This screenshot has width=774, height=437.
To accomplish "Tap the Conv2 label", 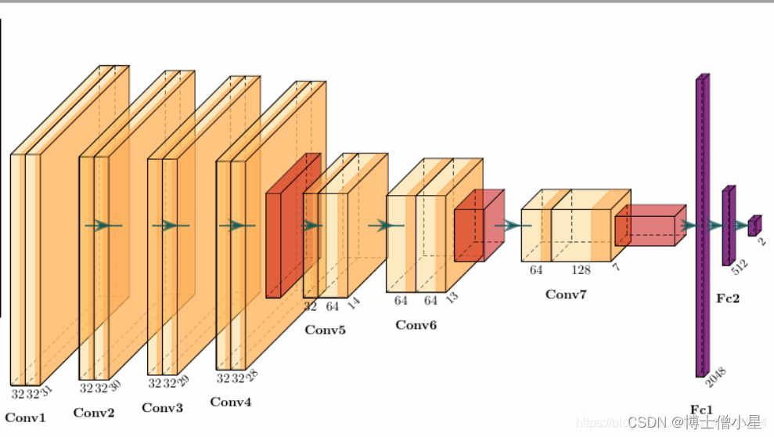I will [94, 413].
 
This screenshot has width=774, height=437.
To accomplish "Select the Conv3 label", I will [162, 408].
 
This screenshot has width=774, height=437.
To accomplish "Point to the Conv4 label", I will [231, 403].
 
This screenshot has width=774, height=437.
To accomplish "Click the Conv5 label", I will [325, 330].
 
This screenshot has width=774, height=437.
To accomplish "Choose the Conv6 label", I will [416, 325].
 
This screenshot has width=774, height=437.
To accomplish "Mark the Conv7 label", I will [566, 294].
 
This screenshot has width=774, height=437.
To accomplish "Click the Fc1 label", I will [701, 409].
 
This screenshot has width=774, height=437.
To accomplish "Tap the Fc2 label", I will [728, 298].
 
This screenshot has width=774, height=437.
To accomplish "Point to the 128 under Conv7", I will [581, 270].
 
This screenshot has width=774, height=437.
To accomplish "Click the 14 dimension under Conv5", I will [353, 303].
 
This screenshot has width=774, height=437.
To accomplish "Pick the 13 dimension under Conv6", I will [452, 298].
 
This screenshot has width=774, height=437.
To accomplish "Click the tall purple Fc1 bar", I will [701, 227].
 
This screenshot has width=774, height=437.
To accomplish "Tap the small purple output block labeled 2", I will [754, 226].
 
